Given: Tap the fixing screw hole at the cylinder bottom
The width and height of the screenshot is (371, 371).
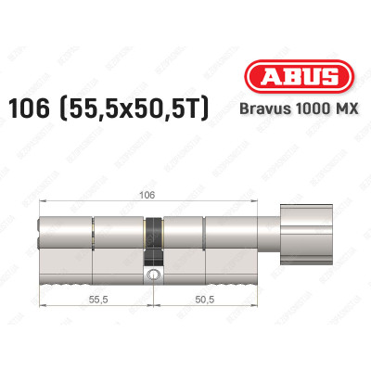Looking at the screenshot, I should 152,275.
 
